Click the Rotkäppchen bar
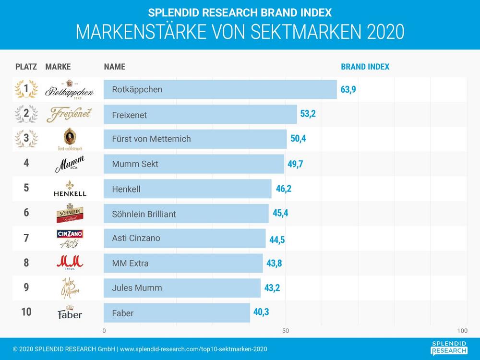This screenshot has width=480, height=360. [x=220, y=89]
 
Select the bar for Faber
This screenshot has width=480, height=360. [x=177, y=313]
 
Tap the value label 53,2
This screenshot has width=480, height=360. [x=308, y=114]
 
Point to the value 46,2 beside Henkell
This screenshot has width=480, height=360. [x=283, y=189]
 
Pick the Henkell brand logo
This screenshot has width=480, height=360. [x=70, y=188]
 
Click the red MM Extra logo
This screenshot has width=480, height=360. [x=70, y=263]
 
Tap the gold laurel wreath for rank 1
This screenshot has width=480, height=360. [x=26, y=89]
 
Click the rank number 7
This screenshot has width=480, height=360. [x=26, y=238]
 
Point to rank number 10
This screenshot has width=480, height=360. [x=26, y=312]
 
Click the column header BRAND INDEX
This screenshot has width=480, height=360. [x=365, y=67]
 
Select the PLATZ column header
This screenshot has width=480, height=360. [x=26, y=67]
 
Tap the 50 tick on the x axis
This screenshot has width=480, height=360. [x=285, y=331]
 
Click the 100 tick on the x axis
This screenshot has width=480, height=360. [x=462, y=331]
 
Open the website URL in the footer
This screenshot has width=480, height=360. [x=193, y=349]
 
